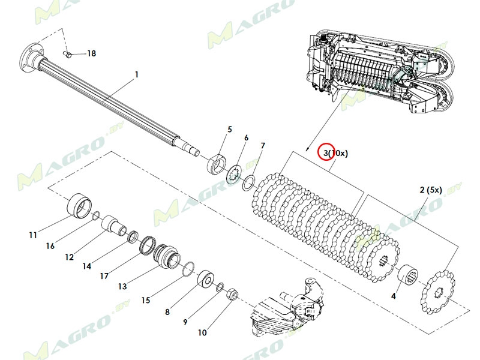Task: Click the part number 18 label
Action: pos(91,53)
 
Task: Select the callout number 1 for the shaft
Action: pos(136,74)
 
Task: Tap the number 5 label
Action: pos(229,129)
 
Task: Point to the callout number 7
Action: pos(262,146)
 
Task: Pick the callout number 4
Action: pos(394,296)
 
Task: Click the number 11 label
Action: pos(33,235)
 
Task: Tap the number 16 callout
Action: pos(50,246)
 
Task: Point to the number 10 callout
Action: pos(202,332)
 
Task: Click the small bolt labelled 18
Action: pos(68,55)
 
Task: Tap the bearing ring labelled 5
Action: pos(217,164)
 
